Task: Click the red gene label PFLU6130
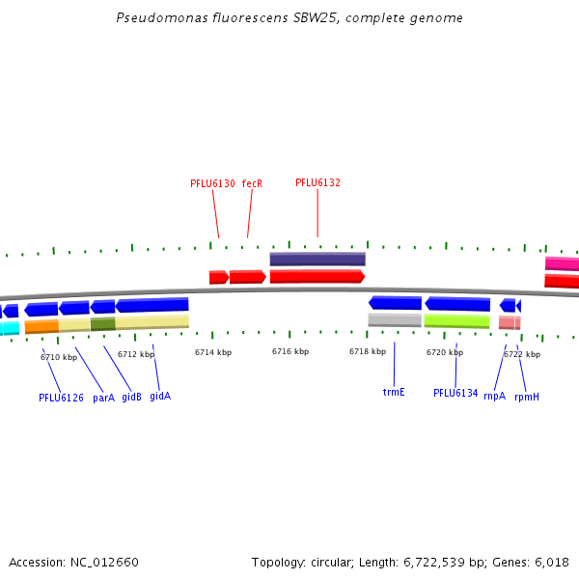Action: (212, 183)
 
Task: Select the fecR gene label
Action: (252, 183)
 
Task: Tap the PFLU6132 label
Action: (317, 182)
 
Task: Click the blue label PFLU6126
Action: (61, 398)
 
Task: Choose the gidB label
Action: (131, 397)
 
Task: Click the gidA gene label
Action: (160, 396)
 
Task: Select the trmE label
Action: (394, 392)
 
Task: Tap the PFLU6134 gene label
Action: (455, 393)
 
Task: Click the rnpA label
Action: (494, 394)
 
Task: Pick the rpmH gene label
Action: (527, 397)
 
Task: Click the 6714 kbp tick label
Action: (213, 352)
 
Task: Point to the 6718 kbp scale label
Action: (368, 351)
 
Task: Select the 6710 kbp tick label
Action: (59, 357)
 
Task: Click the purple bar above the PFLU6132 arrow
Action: (317, 259)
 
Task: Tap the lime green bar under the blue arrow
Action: (457, 320)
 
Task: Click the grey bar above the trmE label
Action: (395, 319)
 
